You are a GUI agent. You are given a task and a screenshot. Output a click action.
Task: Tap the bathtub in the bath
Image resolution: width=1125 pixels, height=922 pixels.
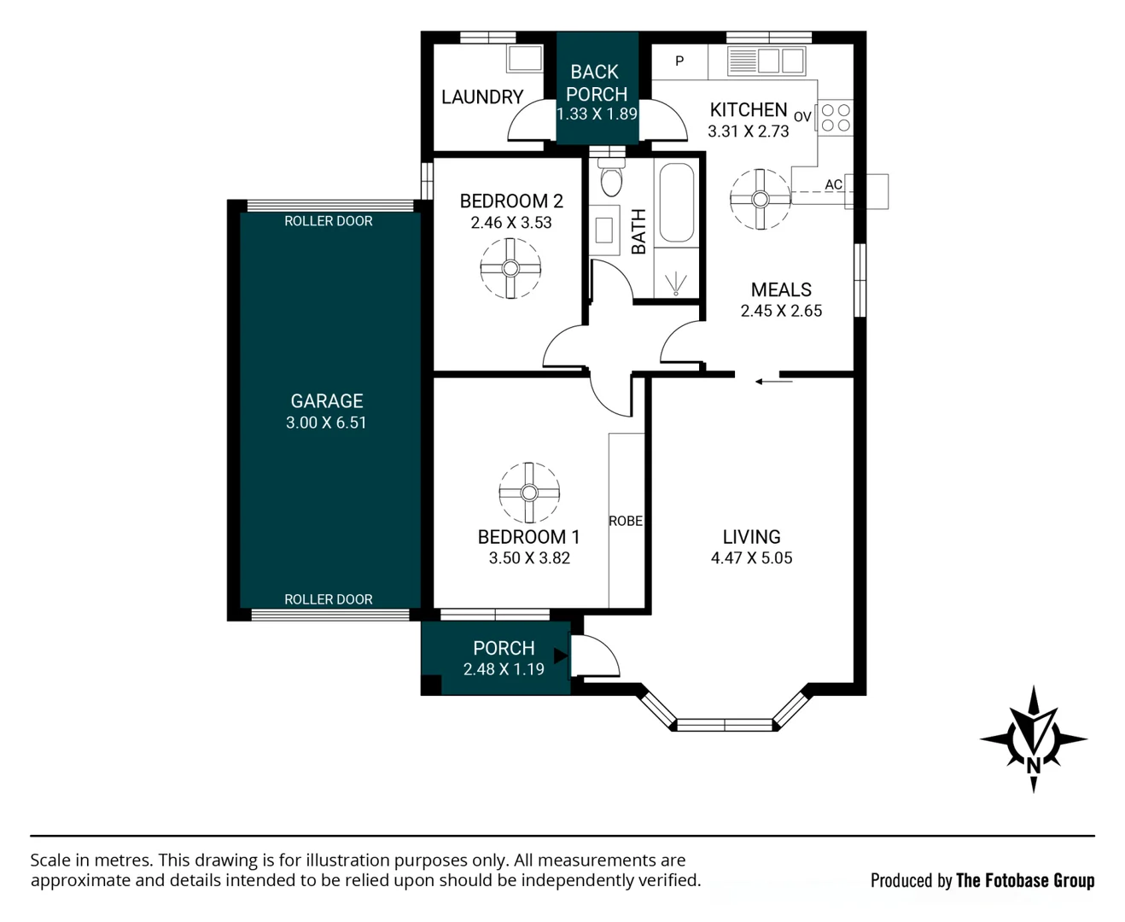676,203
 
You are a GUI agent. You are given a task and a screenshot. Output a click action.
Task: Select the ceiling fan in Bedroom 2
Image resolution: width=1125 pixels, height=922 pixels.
510,268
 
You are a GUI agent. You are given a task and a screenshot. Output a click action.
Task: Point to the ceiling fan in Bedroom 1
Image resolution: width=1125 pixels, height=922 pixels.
529,493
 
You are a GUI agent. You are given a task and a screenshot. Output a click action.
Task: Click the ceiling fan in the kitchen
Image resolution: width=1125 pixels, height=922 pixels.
761,199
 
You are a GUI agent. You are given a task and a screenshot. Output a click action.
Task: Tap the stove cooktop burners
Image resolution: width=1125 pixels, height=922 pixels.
836,118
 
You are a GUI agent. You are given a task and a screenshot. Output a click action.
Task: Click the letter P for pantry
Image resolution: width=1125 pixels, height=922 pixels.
679,61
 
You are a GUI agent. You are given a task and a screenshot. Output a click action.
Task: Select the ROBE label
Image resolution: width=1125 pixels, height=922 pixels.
626,521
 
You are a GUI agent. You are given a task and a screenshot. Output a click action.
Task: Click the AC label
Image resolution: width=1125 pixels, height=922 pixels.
833,184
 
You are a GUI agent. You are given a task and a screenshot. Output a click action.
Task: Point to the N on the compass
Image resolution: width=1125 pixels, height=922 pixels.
1034,766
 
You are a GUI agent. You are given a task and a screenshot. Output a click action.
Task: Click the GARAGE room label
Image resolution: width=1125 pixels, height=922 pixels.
326,400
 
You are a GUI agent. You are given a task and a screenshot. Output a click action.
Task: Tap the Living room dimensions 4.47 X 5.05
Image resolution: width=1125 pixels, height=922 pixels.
751,557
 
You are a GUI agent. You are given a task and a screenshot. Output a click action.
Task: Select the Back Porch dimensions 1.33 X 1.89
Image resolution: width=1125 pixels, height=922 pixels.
597,114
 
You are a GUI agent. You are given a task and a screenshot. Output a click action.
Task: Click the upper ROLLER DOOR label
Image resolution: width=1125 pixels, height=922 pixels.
328,221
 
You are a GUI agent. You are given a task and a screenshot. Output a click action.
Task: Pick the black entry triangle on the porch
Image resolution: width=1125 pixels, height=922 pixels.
561,656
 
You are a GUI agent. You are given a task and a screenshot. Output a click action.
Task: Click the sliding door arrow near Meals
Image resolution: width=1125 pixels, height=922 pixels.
773,381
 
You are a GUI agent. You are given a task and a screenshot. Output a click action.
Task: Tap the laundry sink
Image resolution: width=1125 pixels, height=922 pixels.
525,59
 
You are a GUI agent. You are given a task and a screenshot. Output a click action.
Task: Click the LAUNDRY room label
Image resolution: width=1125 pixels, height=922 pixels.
482,96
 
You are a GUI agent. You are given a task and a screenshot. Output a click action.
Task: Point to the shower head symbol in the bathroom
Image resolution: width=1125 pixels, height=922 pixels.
676,283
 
